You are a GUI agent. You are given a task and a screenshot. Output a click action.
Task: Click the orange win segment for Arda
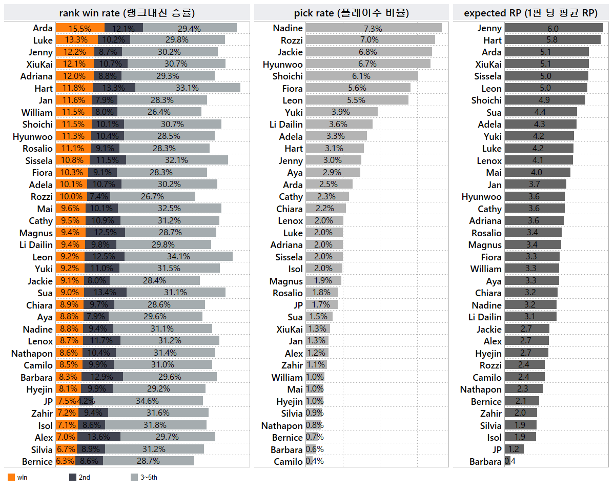pos(80,28)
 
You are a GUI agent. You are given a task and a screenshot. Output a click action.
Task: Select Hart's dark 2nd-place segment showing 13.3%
pos(114,88)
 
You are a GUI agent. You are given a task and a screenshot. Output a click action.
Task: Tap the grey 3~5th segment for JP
pos(147,401)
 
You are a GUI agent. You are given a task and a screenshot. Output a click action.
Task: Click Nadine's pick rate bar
pos(373,28)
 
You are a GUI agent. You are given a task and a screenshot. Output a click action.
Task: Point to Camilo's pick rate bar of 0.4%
pos(309,461)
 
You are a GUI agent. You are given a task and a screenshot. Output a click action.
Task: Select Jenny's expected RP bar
pos(553,28)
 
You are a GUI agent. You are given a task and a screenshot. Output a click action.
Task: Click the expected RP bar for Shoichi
pos(544,100)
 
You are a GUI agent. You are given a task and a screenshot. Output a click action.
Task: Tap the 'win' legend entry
pos(17,477)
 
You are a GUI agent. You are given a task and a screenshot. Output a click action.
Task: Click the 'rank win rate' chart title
pos(127,13)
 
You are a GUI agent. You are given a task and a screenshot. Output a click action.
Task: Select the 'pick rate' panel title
pos(351,13)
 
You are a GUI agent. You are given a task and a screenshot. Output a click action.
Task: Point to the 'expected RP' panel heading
pos(530,13)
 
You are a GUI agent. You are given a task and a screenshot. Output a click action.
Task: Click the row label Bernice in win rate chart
pos(37,461)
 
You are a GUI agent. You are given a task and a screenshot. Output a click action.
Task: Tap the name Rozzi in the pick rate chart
pos(292,40)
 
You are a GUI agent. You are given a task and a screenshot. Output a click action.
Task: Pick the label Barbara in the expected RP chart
pos(485,461)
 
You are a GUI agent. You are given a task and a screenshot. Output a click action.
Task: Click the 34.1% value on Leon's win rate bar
pos(178,257)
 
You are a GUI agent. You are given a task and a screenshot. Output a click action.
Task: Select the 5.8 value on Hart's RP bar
pos(552,40)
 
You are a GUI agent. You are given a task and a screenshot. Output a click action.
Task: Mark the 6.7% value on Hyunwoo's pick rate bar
pos(367,64)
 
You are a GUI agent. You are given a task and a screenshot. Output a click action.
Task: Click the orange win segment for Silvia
pos(66,449)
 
